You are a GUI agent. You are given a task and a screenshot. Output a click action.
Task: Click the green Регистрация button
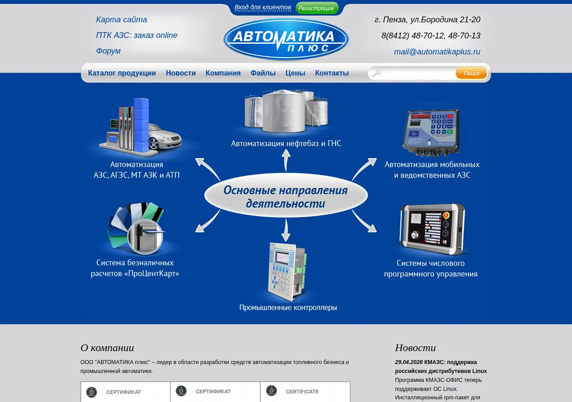[x=317, y=8]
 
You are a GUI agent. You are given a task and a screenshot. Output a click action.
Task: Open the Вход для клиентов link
[x=263, y=8]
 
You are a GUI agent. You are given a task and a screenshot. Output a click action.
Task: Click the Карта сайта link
[x=121, y=20]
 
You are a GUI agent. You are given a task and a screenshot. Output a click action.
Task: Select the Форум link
[x=108, y=51]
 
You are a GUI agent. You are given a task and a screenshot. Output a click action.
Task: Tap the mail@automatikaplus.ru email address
[x=437, y=51]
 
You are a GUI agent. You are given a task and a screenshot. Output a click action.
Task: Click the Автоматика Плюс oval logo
[x=286, y=40]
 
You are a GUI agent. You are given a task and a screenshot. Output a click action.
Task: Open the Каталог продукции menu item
[x=122, y=73]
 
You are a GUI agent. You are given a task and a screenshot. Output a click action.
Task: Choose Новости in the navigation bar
[x=181, y=73]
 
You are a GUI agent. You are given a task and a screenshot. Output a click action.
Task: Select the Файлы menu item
[x=263, y=73]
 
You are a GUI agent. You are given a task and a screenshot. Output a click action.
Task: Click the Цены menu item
[x=295, y=73]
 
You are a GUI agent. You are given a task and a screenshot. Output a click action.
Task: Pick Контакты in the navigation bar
[x=332, y=73]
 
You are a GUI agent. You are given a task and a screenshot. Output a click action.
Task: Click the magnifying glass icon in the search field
[x=377, y=73]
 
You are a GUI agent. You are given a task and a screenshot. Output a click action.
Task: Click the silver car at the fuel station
[x=164, y=137]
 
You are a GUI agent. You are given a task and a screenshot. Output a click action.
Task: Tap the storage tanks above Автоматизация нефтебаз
[x=286, y=111]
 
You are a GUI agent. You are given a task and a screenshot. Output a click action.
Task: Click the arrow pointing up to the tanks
[x=286, y=161]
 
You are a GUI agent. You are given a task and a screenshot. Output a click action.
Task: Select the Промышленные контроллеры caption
[x=288, y=308]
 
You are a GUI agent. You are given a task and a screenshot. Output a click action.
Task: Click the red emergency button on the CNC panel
[x=446, y=215]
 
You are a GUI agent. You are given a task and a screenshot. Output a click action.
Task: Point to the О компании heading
[x=107, y=348]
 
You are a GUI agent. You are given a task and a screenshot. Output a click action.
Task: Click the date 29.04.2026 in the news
[x=409, y=362]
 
